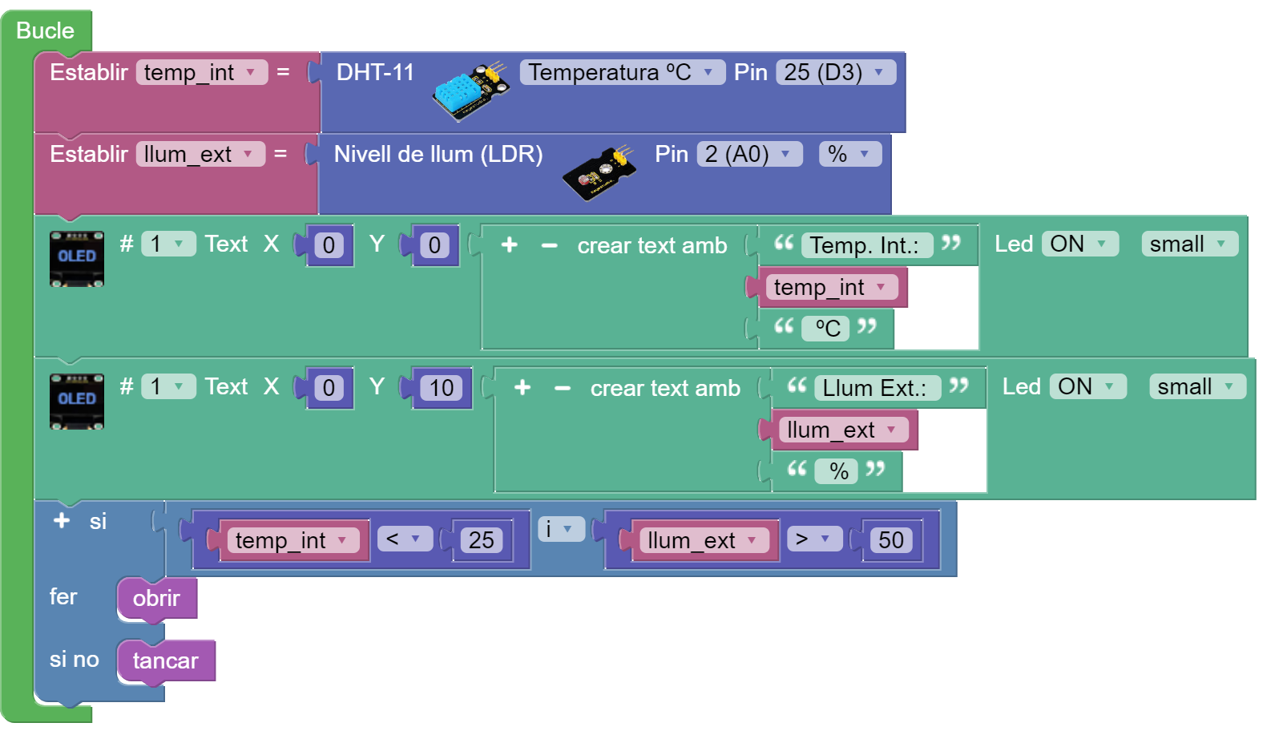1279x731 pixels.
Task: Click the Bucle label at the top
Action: [x=45, y=30]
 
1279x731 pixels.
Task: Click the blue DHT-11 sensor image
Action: [x=471, y=91]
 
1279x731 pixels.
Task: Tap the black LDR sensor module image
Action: [x=599, y=172]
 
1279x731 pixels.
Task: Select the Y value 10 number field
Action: [x=442, y=388]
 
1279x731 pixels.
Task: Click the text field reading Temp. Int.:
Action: [x=865, y=245]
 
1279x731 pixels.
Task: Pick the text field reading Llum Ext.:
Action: [x=875, y=388]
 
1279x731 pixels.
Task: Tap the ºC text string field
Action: [x=828, y=328]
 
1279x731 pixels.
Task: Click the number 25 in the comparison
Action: [x=482, y=540]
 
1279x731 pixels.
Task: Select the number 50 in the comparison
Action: [x=891, y=540]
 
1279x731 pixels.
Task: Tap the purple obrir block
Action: [x=157, y=598]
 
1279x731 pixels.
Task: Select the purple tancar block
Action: [x=166, y=660]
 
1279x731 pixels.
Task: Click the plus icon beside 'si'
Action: [x=62, y=521]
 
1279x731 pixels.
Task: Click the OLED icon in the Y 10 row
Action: [x=77, y=401]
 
